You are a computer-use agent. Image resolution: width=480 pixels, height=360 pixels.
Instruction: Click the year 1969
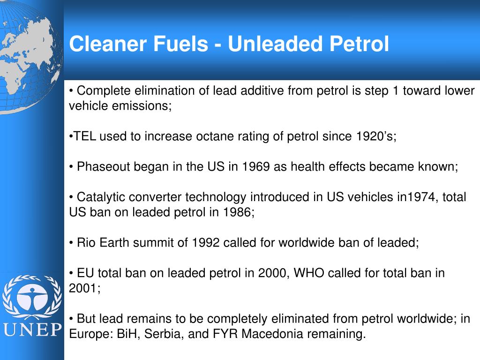point(255,167)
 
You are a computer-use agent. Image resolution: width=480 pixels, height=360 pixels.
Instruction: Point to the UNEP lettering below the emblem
point(32,329)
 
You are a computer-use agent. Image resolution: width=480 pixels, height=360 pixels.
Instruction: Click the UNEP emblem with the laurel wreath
point(32,297)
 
